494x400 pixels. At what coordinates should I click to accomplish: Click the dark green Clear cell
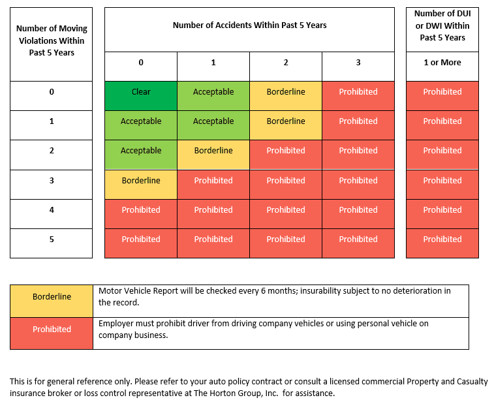141,96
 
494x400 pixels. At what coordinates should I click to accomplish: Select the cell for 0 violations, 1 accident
213,96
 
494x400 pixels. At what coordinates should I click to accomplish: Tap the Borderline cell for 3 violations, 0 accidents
141,185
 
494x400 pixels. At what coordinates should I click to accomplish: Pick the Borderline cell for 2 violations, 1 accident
213,155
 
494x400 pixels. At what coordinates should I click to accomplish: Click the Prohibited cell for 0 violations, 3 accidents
358,96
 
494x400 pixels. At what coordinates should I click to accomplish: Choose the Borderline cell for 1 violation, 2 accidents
286,125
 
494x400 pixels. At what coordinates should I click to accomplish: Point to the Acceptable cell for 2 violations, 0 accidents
141,155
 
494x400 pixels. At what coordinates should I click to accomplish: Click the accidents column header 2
286,67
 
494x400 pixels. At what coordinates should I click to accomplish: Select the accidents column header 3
358,67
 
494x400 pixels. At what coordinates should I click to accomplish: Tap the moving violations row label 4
52,214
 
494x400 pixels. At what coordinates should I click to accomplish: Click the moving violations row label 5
52,243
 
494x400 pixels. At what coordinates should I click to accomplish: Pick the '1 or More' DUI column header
442,67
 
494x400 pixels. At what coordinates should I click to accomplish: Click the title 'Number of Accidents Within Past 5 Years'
249,25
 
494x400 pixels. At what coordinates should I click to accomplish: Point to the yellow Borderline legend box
52,301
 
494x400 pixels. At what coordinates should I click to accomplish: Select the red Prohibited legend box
52,333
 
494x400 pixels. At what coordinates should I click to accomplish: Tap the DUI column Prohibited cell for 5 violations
442,243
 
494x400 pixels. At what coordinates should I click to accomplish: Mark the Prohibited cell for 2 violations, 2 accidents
286,155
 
